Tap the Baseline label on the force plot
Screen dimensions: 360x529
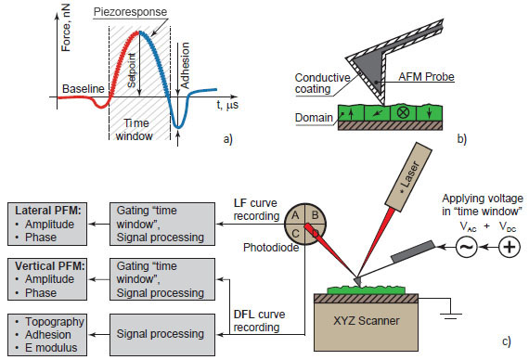click(x=81, y=89)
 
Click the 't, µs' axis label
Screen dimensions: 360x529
click(x=228, y=104)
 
